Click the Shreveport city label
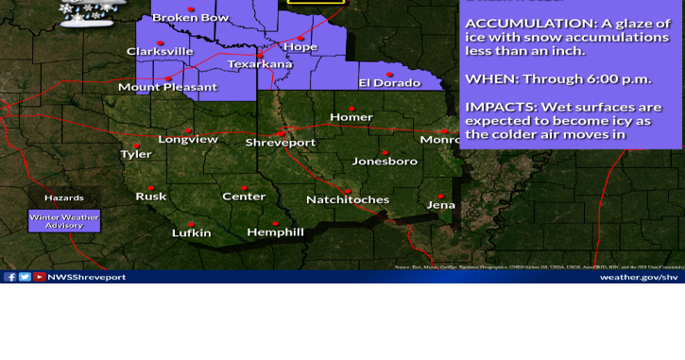(281, 142)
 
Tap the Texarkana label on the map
(261, 64)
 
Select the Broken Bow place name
(190, 17)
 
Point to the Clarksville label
(160, 51)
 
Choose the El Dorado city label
(388, 83)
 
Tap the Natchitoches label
(348, 199)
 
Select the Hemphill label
(275, 232)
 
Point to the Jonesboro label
(385, 162)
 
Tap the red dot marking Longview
(189, 130)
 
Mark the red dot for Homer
(352, 107)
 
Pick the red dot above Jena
(440, 196)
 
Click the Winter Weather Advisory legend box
(64, 221)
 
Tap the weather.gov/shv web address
(639, 277)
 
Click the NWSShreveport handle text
(87, 277)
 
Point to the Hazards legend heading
(64, 198)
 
